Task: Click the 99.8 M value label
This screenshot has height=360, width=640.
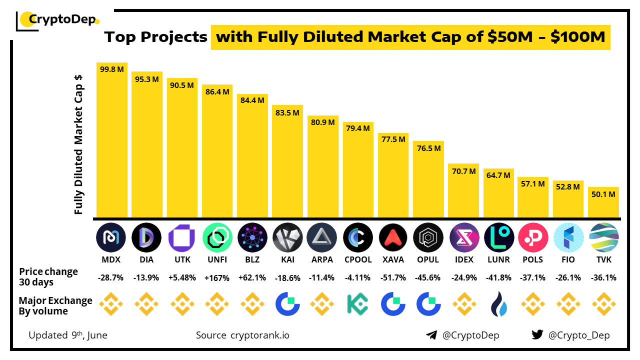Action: click(x=111, y=69)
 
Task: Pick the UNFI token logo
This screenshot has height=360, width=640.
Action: click(x=217, y=237)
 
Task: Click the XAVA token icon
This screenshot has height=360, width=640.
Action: click(x=393, y=237)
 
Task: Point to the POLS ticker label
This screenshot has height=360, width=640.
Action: click(x=533, y=260)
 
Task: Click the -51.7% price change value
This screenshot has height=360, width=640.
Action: click(x=393, y=278)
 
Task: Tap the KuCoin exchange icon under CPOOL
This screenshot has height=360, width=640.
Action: click(x=357, y=304)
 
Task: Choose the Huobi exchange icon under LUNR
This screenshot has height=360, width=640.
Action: click(x=498, y=304)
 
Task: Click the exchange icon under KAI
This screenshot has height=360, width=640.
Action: click(x=287, y=304)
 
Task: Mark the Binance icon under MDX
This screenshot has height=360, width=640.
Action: click(x=111, y=304)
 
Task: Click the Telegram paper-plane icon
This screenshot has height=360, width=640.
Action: click(x=431, y=335)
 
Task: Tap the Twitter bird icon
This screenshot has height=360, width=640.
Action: click(x=537, y=335)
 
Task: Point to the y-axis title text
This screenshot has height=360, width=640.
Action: click(x=78, y=145)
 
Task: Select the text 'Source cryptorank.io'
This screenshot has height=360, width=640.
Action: click(x=242, y=335)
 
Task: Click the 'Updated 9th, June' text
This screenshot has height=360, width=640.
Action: click(x=68, y=335)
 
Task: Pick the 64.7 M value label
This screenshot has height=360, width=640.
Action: click(x=498, y=175)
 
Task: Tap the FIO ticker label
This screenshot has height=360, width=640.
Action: click(x=568, y=260)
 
